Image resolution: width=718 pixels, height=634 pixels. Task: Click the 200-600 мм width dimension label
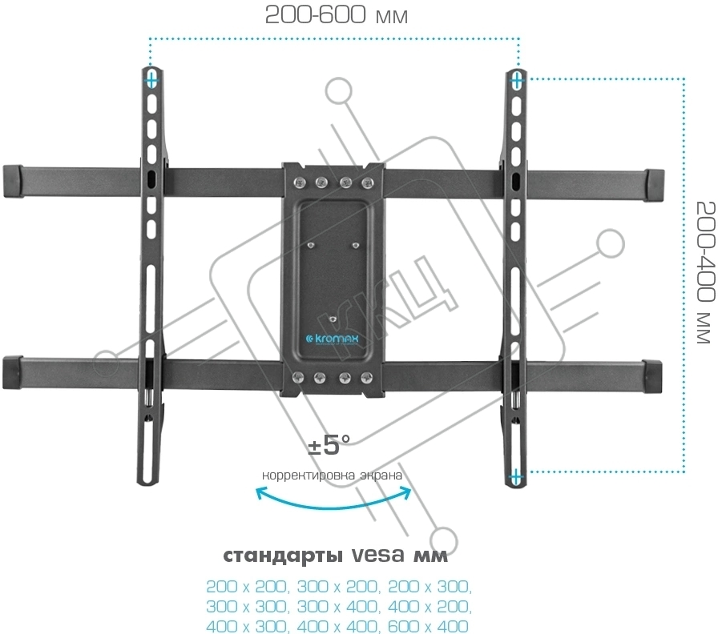click(336, 15)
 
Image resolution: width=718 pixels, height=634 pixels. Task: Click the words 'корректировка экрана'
click(332, 474)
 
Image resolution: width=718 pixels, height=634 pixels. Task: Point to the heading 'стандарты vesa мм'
click(335, 556)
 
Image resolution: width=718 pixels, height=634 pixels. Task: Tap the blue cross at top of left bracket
click(151, 80)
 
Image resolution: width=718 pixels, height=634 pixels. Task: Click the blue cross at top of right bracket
click(517, 79)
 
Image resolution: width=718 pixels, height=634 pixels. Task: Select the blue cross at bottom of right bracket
click(516, 476)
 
